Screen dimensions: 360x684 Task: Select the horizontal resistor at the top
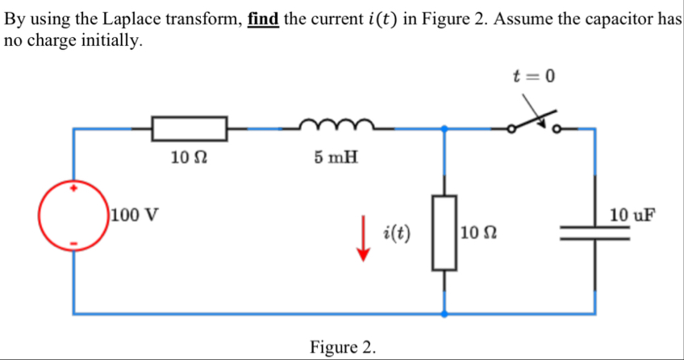coord(190,128)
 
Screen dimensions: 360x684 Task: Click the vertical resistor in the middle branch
coord(444,232)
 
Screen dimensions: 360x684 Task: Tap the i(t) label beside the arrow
coord(398,233)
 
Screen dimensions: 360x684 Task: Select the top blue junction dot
coord(444,128)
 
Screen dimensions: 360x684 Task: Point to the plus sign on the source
coord(74,187)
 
